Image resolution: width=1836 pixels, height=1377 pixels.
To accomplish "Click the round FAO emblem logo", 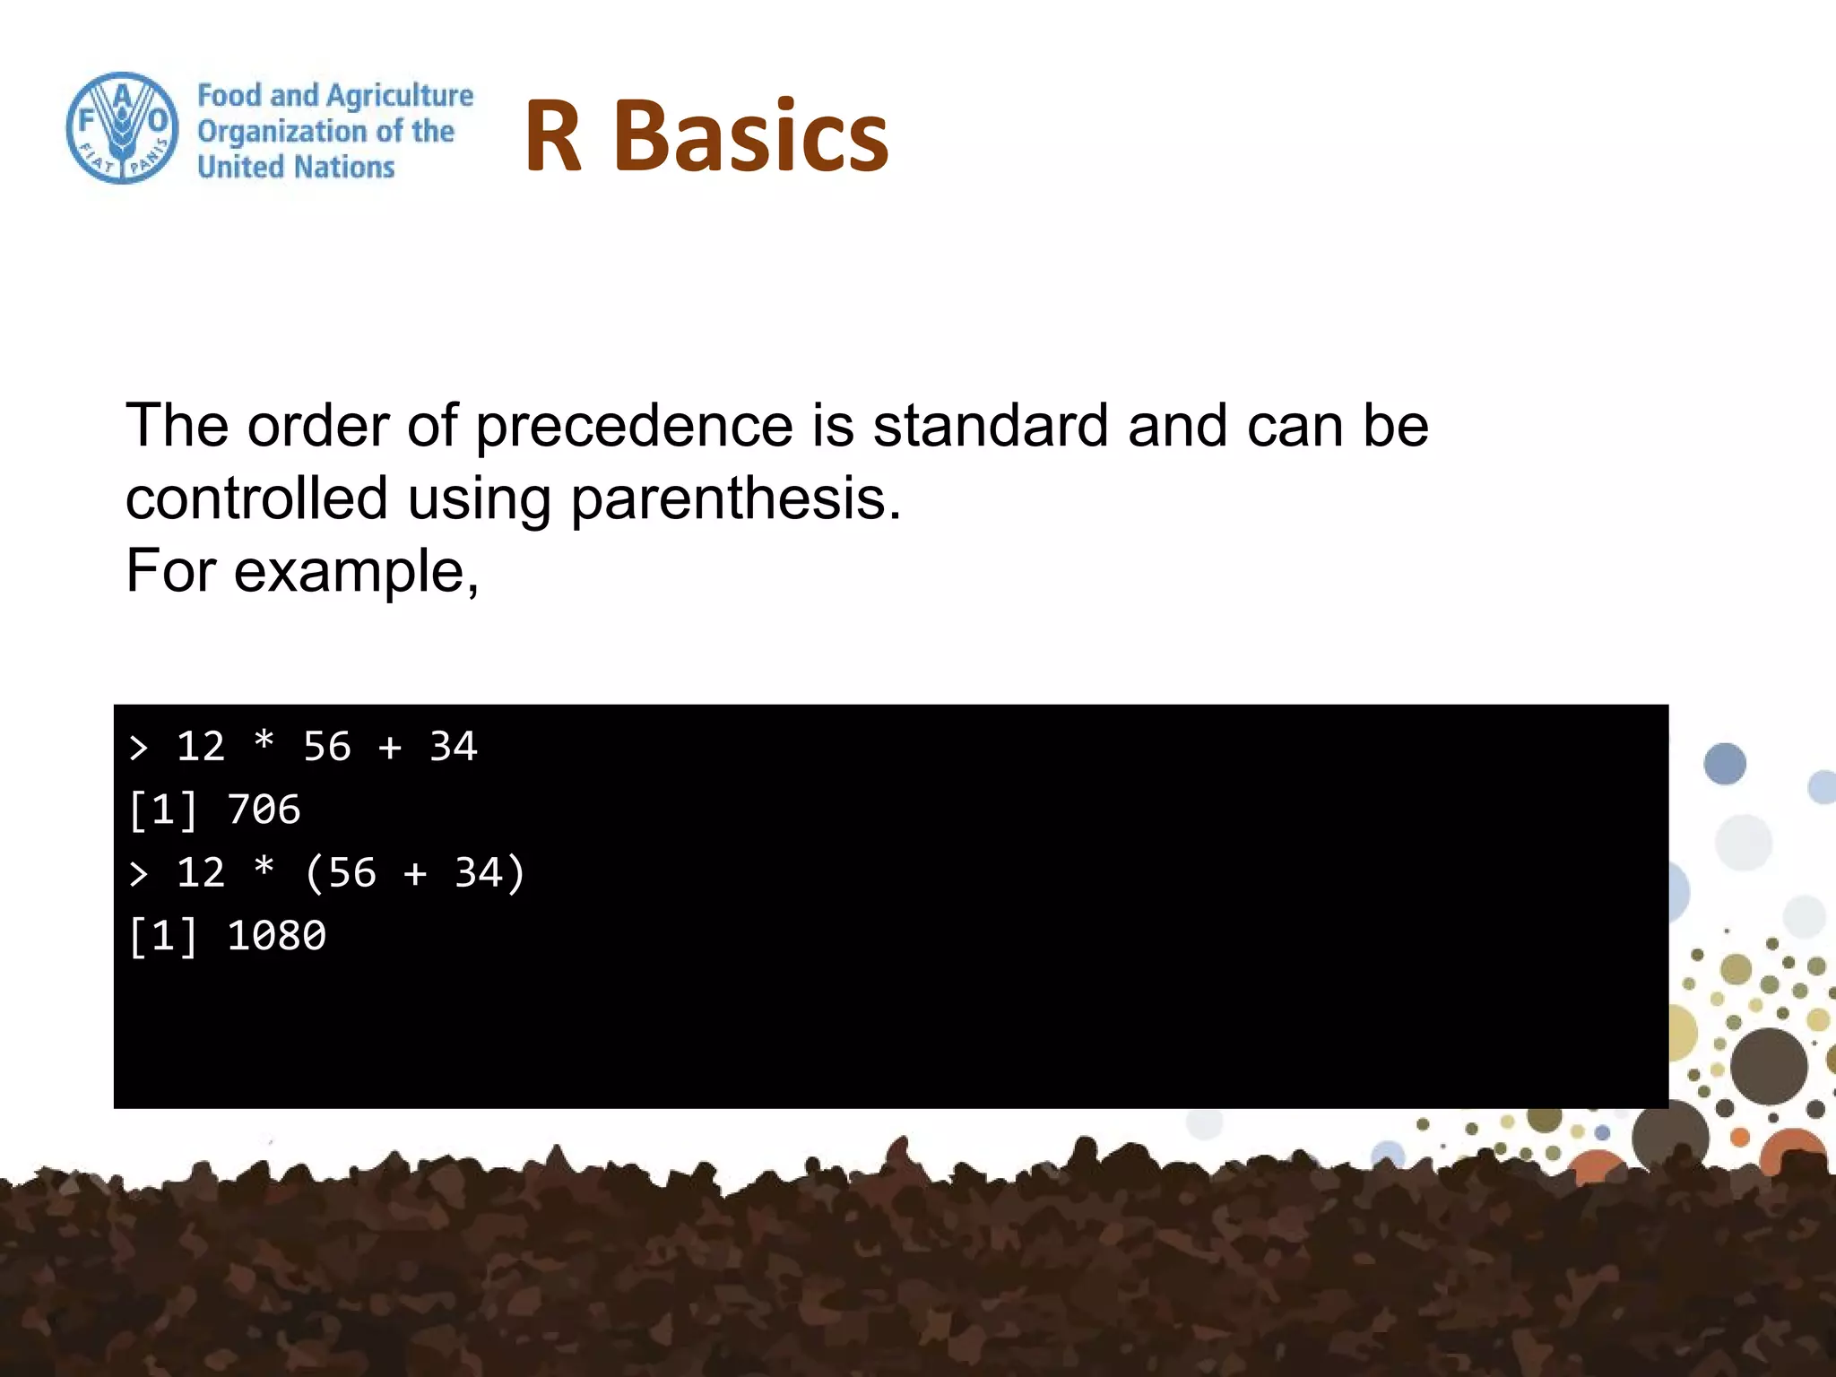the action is coord(122,128).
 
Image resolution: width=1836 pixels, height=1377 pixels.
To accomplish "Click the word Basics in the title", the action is coord(751,136).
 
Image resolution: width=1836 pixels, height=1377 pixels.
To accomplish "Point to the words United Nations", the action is coord(296,167).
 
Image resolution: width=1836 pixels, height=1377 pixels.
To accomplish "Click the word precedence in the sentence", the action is coord(634,427).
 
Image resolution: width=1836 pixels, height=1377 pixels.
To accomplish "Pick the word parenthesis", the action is coord(735,499).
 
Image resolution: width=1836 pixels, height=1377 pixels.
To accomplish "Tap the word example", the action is coord(355,572).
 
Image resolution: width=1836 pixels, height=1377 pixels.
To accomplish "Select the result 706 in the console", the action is coord(264,810).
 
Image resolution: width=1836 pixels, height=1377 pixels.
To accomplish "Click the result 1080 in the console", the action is coord(276,936).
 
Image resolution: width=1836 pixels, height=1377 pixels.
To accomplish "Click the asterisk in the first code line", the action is coord(264,743).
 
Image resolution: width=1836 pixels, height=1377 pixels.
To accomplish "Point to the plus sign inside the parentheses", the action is coord(415,873).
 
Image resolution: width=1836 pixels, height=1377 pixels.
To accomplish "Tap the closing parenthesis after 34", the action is coord(515,873).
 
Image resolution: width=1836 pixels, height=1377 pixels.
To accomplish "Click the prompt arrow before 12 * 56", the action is coord(138,747).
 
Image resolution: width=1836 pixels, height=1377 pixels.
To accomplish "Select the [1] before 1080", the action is coord(163,936).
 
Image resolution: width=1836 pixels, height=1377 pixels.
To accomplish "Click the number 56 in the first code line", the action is coord(327,747).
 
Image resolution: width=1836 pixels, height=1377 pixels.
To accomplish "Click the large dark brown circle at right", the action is coord(1768,1066).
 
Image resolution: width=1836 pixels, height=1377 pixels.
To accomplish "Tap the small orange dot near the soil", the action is coord(1740,1138).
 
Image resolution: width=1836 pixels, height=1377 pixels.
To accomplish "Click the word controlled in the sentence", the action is coord(256,499).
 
